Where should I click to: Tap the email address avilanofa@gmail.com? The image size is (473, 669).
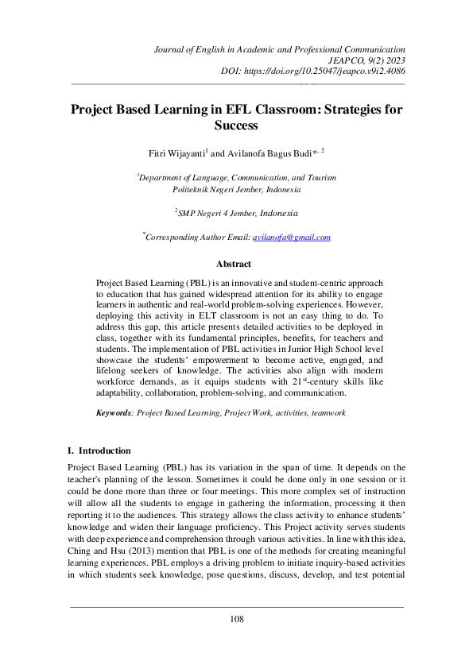pyautogui.click(x=291, y=238)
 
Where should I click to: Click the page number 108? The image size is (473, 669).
pyautogui.click(x=236, y=619)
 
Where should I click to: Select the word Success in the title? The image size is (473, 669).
pyautogui.click(x=236, y=126)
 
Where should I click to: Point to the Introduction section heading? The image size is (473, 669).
pyautogui.click(x=103, y=451)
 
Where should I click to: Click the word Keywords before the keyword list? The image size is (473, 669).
pyautogui.click(x=113, y=414)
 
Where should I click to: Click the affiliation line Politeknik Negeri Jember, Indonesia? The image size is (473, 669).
pyautogui.click(x=236, y=190)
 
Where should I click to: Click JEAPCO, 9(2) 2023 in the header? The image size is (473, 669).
pyautogui.click(x=365, y=60)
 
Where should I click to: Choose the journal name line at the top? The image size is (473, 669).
pyautogui.click(x=278, y=49)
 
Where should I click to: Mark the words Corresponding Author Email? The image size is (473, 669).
pyautogui.click(x=198, y=238)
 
